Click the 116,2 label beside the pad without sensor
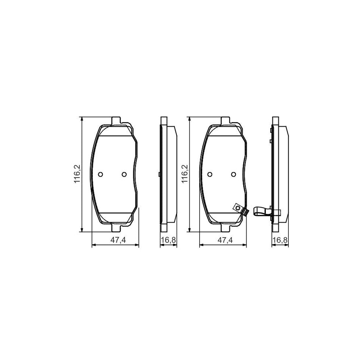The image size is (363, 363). pyautogui.click(x=76, y=174)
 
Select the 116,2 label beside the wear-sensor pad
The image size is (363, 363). pyautogui.click(x=185, y=174)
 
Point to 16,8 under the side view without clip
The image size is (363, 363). pyautogui.click(x=168, y=240)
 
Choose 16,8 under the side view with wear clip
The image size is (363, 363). pyautogui.click(x=280, y=240)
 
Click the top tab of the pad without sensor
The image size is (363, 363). pyautogui.click(x=116, y=120)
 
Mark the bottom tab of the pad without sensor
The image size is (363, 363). pyautogui.click(x=116, y=228)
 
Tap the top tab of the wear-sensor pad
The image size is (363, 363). pyautogui.click(x=225, y=120)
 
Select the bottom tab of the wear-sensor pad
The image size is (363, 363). pyautogui.click(x=225, y=228)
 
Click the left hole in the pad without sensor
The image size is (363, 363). pyautogui.click(x=101, y=174)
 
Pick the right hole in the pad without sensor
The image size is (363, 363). pyautogui.click(x=124, y=174)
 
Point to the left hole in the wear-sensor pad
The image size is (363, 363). pyautogui.click(x=210, y=174)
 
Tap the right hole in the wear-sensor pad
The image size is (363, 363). pyautogui.click(x=233, y=174)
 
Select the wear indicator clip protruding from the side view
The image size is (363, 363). pyautogui.click(x=261, y=211)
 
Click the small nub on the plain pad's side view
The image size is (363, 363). pyautogui.click(x=160, y=174)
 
